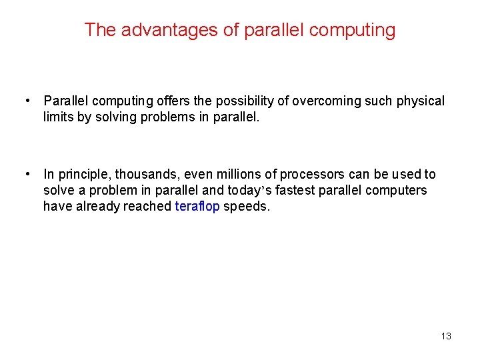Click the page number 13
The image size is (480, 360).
pyautogui.click(x=446, y=336)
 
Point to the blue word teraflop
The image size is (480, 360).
pyautogui.click(x=197, y=206)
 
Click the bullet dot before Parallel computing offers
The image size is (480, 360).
pyautogui.click(x=27, y=101)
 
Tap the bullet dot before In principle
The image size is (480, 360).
pyautogui.click(x=27, y=174)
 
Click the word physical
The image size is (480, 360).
pyautogui.click(x=420, y=101)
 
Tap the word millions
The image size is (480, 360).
pyautogui.click(x=240, y=175)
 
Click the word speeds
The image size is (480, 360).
pyautogui.click(x=247, y=207)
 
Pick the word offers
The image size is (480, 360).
pyautogui.click(x=175, y=101)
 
